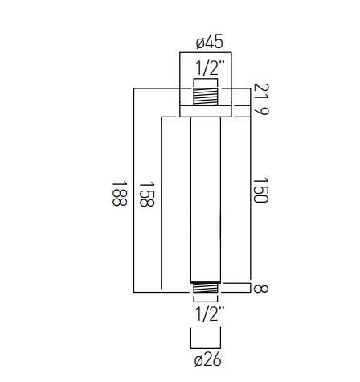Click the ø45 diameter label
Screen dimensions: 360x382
coord(209,43)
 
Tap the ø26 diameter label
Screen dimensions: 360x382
coord(208,359)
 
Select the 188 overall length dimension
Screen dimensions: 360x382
coord(119,194)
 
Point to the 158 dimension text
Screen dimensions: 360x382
coord(147,195)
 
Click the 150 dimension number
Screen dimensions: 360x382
coord(260,190)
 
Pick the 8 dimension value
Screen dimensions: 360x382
coord(260,289)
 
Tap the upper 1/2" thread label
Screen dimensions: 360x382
coord(209,68)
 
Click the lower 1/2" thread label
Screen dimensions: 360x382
coord(209,314)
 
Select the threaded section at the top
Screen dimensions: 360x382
coord(206,97)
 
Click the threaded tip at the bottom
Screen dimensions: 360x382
coord(206,287)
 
